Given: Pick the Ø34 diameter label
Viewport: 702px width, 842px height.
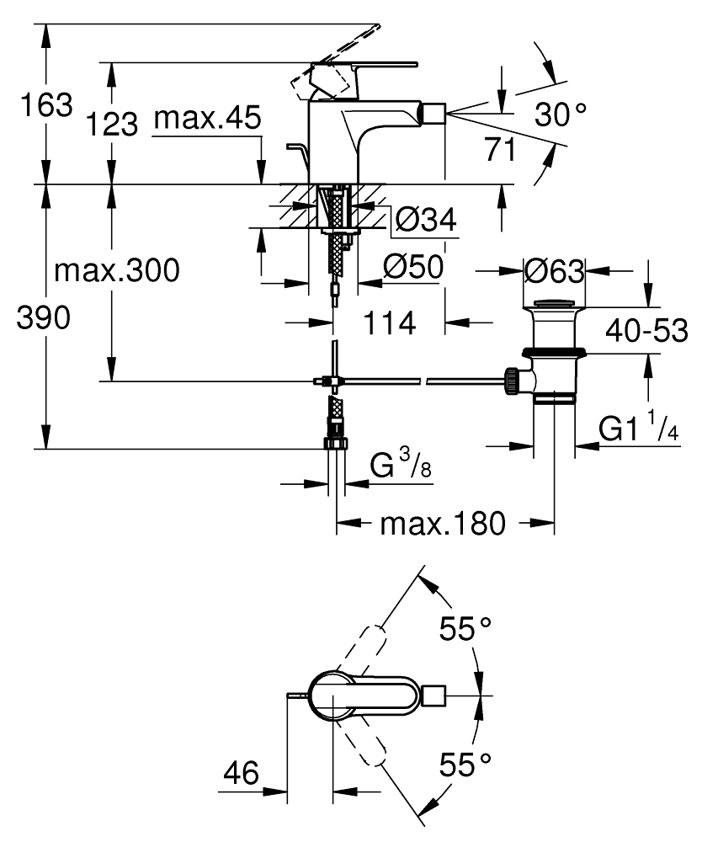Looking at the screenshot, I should pyautogui.click(x=425, y=221).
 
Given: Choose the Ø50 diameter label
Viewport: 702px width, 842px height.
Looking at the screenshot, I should pyautogui.click(x=412, y=269).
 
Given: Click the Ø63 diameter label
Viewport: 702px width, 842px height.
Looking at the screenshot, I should pyautogui.click(x=553, y=271).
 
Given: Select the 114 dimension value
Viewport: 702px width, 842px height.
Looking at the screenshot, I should pyautogui.click(x=390, y=322).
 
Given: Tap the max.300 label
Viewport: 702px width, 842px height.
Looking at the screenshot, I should pyautogui.click(x=117, y=271).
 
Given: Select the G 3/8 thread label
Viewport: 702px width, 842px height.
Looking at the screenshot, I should pyautogui.click(x=402, y=466).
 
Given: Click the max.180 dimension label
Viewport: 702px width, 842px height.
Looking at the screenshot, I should pyautogui.click(x=444, y=525).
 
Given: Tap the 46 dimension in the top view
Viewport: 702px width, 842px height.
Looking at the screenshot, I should pyautogui.click(x=242, y=772).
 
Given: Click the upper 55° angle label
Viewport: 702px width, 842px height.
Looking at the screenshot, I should pyautogui.click(x=467, y=628).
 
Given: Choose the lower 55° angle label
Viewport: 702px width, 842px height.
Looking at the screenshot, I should pyautogui.click(x=467, y=765).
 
